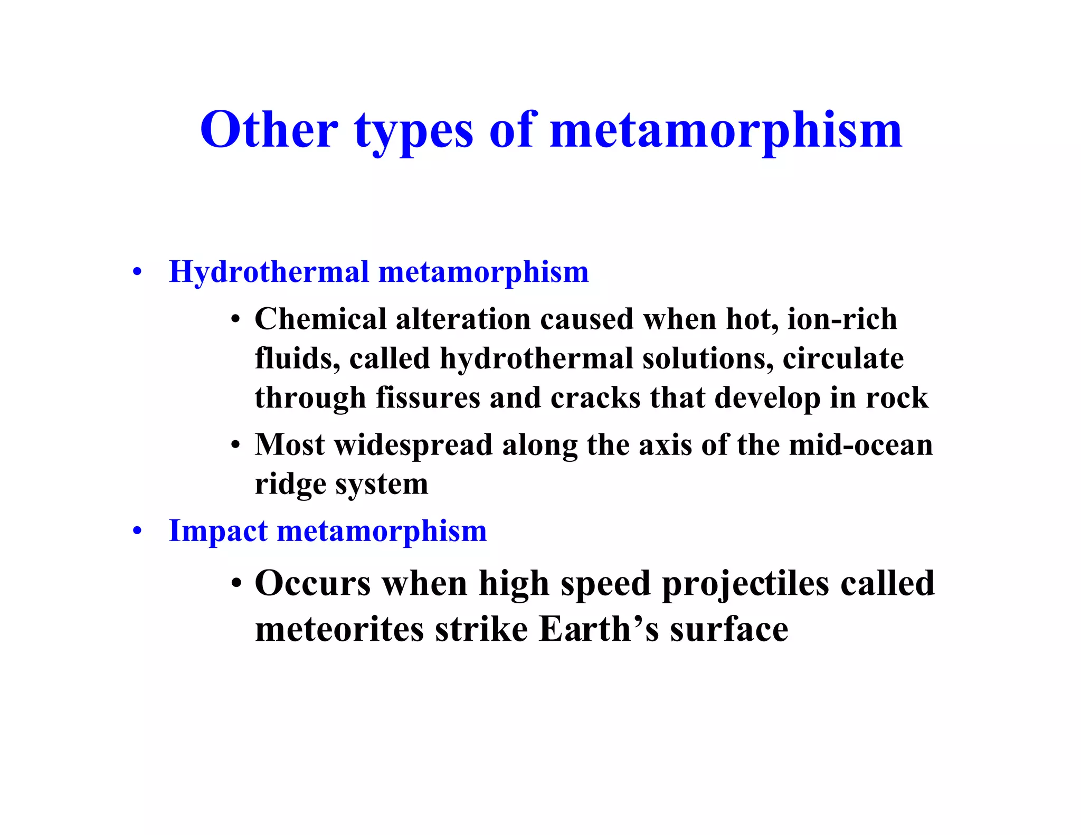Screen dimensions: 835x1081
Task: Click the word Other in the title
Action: click(269, 130)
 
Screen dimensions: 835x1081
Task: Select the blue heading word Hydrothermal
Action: click(269, 272)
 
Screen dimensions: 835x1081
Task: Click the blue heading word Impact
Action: click(218, 531)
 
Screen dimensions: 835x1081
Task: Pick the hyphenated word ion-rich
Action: click(842, 319)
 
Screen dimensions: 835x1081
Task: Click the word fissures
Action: click(428, 397)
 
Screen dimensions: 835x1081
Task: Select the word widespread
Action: click(413, 445)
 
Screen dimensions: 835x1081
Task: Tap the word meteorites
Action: click(339, 630)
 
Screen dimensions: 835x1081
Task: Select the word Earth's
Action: click(599, 630)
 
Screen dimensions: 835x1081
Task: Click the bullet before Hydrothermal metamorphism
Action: click(137, 273)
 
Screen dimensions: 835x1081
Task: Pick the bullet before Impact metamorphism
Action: click(137, 532)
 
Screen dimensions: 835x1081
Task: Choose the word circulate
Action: click(843, 358)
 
